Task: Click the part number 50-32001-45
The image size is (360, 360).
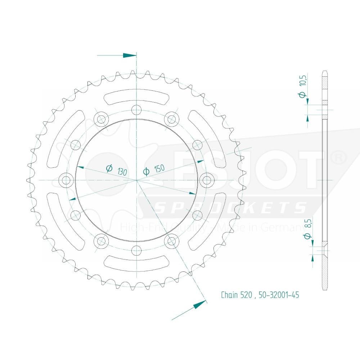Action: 279,295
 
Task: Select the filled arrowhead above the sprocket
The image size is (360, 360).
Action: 130,55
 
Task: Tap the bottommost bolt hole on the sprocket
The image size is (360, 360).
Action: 136,249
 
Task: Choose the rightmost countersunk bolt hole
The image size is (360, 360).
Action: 206,180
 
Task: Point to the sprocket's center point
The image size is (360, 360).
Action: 136,179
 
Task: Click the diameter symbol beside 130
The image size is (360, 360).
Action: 109,168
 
